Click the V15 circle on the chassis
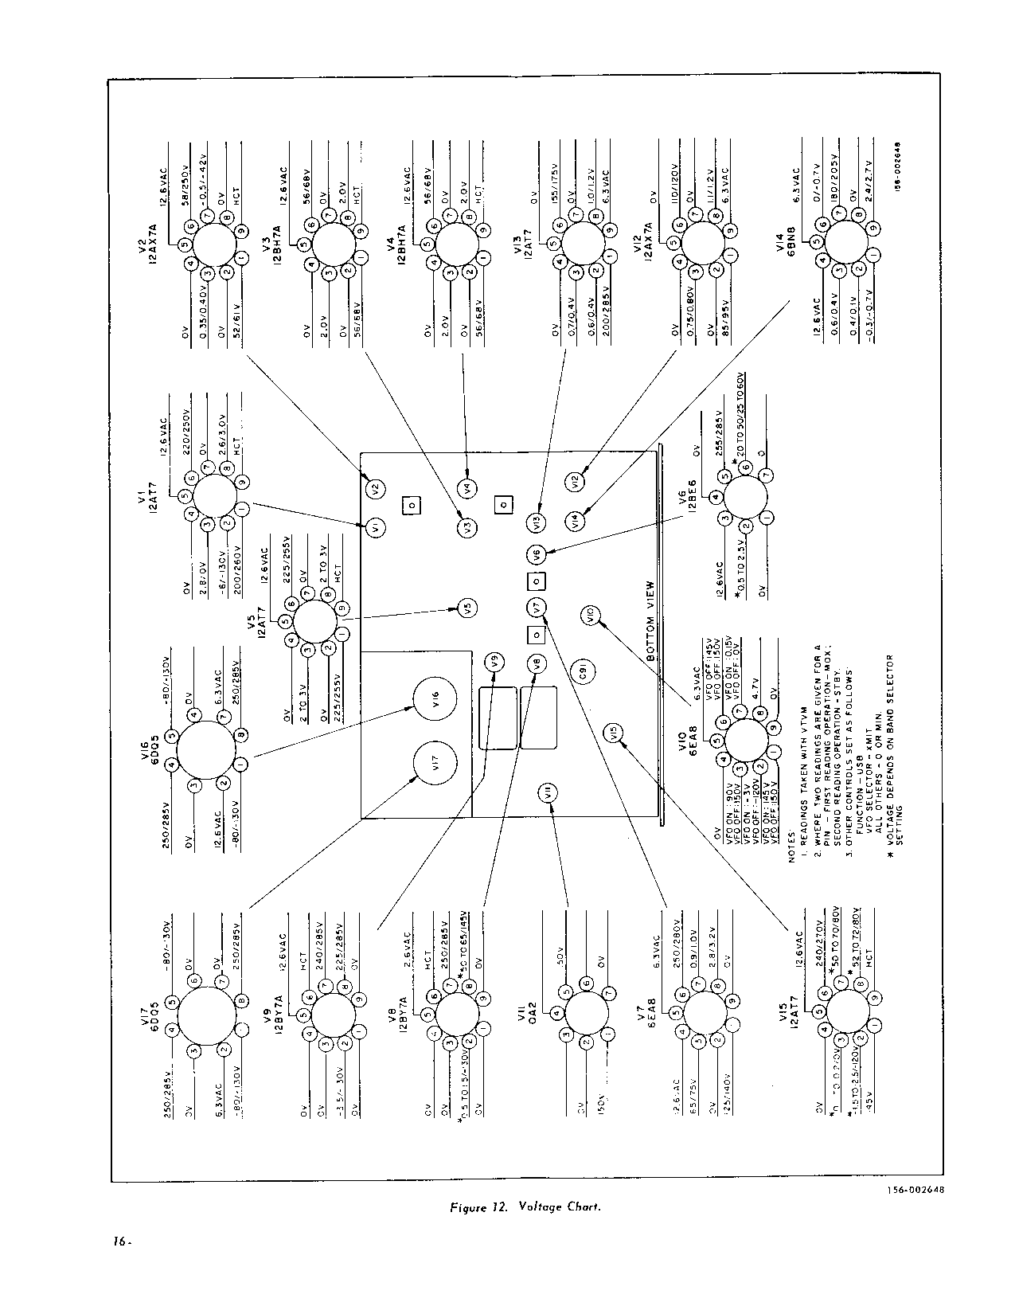point(611,733)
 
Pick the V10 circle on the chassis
point(590,616)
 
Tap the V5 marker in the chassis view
point(469,607)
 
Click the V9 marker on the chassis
point(495,661)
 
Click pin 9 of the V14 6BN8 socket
point(875,230)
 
